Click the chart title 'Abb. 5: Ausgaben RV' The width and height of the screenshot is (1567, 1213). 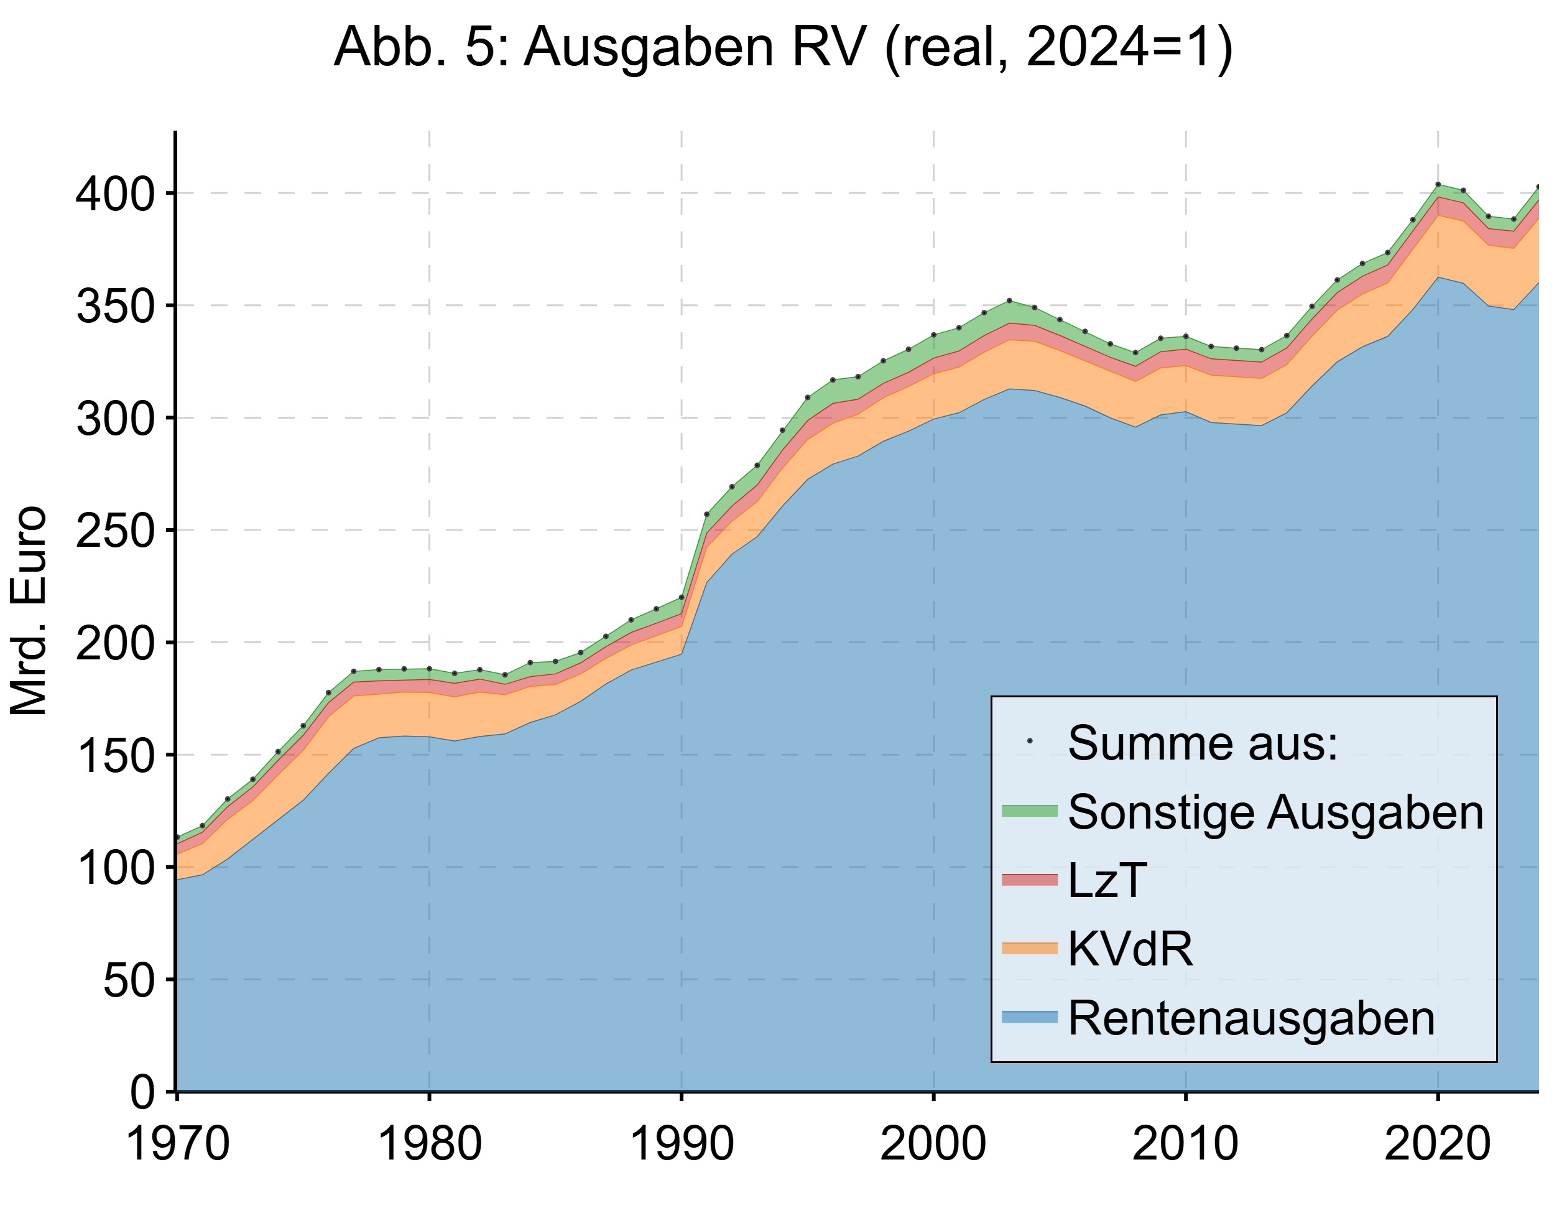[783, 47]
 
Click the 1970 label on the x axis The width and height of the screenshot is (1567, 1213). [177, 1144]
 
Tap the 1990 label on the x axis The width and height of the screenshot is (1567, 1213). [681, 1144]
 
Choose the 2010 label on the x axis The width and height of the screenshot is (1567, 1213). [1185, 1144]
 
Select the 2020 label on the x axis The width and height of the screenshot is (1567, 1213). [1437, 1144]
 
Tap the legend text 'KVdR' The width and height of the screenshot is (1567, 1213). [1130, 949]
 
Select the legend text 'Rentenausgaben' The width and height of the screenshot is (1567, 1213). [1251, 1018]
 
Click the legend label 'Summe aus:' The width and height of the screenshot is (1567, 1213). [1203, 743]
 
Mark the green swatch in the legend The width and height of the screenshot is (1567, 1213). [1030, 811]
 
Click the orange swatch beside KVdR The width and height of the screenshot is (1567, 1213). [1030, 949]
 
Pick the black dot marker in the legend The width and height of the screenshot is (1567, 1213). [1030, 741]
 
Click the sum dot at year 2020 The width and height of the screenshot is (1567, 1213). [1438, 185]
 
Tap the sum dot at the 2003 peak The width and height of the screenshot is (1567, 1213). [1009, 300]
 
